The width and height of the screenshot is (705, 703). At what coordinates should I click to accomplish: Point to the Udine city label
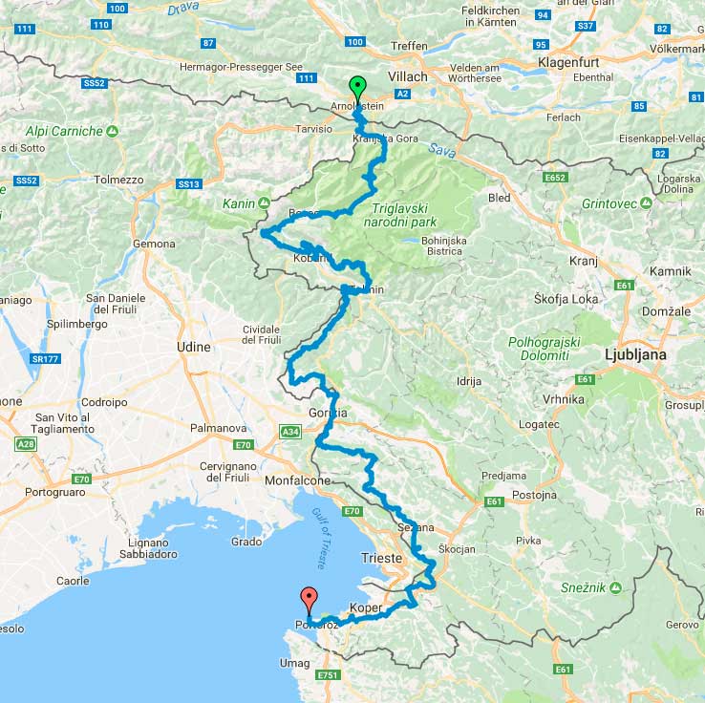pyautogui.click(x=193, y=348)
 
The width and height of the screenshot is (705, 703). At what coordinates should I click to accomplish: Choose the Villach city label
pyautogui.click(x=408, y=76)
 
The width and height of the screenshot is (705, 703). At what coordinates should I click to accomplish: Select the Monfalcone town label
pyautogui.click(x=299, y=480)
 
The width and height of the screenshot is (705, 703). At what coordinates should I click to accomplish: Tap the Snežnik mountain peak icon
pyautogui.click(x=617, y=586)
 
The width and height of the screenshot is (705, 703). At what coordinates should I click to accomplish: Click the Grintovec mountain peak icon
pyautogui.click(x=646, y=202)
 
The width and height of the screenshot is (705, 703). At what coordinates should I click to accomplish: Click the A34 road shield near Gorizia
pyautogui.click(x=290, y=434)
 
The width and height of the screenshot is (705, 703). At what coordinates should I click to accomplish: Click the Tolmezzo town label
pyautogui.click(x=118, y=180)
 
